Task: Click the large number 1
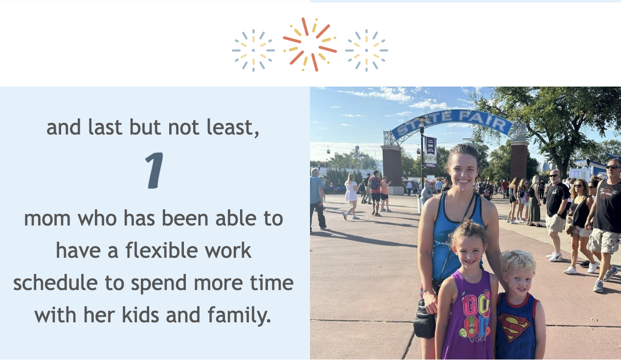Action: click(154, 170)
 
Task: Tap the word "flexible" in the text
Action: click(161, 250)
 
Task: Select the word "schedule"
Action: click(55, 283)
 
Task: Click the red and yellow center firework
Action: click(310, 45)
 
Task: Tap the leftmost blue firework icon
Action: click(253, 50)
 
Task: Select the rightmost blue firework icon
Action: click(367, 50)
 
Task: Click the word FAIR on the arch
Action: click(483, 120)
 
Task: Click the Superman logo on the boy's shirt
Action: click(514, 328)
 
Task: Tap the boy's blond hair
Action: click(518, 261)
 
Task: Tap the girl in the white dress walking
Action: click(351, 196)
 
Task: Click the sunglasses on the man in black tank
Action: click(613, 167)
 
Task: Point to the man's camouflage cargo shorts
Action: click(604, 241)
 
